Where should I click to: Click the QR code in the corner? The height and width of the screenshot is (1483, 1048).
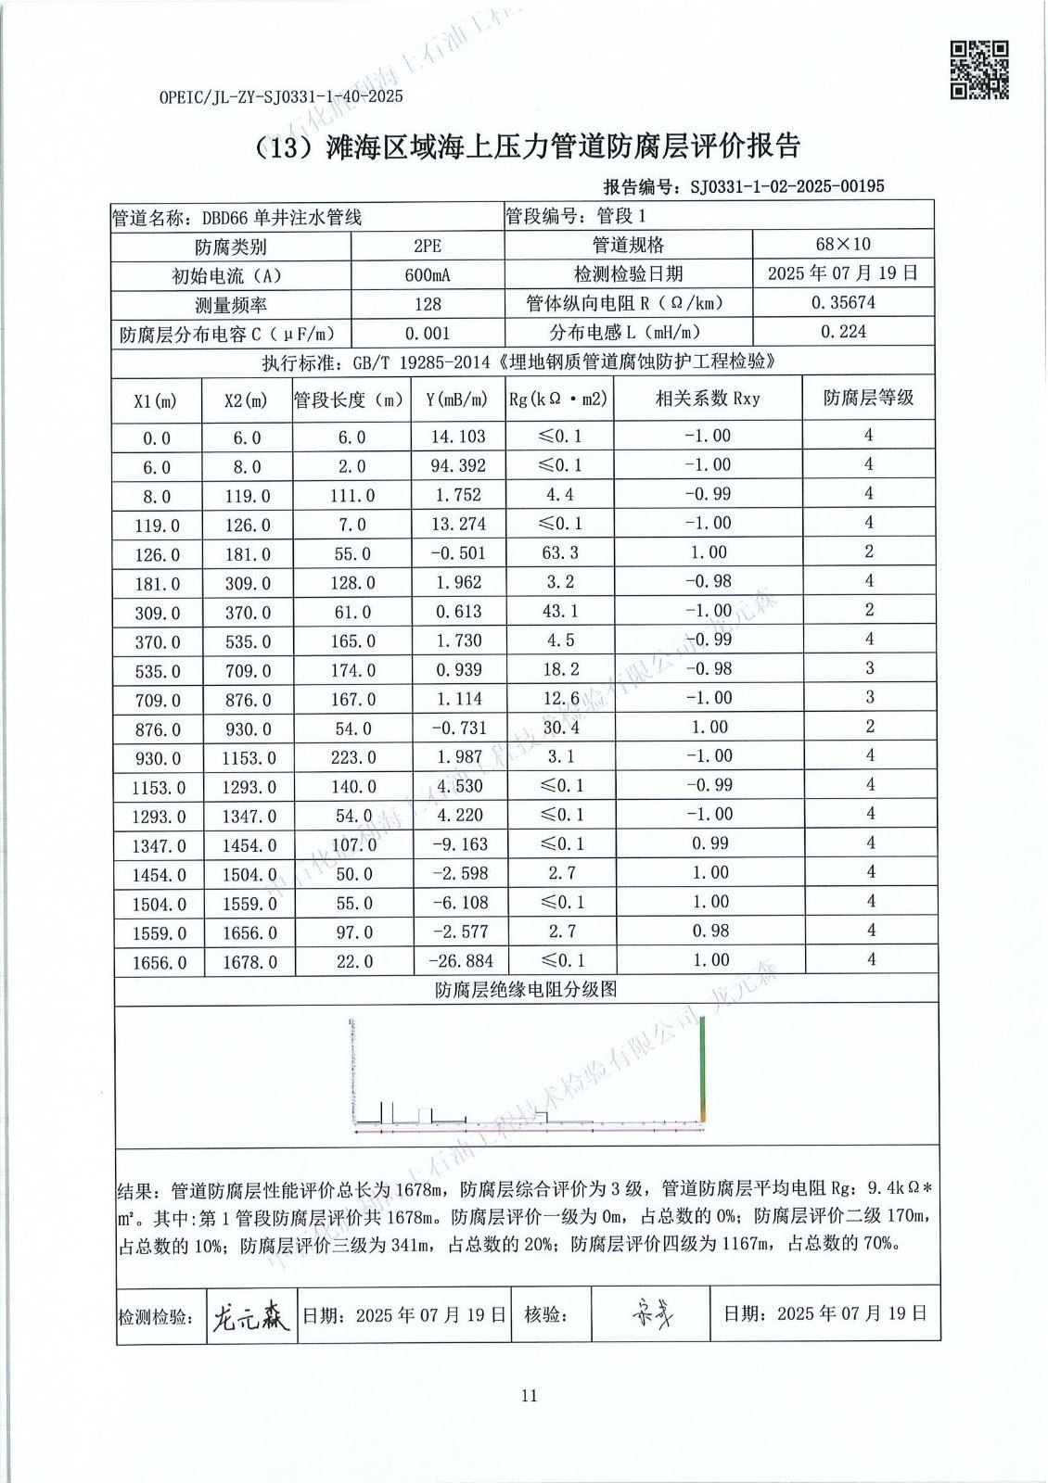pyautogui.click(x=979, y=69)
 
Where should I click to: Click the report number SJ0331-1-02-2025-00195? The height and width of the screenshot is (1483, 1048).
pyautogui.click(x=786, y=186)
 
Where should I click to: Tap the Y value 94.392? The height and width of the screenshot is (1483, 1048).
pyautogui.click(x=458, y=465)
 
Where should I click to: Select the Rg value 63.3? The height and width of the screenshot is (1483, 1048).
pyautogui.click(x=560, y=552)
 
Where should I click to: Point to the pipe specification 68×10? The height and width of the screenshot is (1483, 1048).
pyautogui.click(x=842, y=245)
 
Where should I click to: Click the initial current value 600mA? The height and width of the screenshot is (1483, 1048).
pyautogui.click(x=428, y=275)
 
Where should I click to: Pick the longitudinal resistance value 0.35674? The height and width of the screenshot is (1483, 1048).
pyautogui.click(x=842, y=303)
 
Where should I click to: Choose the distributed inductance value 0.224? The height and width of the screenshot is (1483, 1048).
pyautogui.click(x=842, y=332)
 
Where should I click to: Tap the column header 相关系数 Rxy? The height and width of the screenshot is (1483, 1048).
pyautogui.click(x=707, y=399)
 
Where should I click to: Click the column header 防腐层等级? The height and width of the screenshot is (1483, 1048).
pyautogui.click(x=868, y=398)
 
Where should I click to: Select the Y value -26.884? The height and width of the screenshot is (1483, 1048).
pyautogui.click(x=460, y=961)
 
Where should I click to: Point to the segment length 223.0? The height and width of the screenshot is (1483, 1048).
pyautogui.click(x=353, y=758)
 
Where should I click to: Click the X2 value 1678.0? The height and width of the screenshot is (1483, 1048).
pyautogui.click(x=249, y=963)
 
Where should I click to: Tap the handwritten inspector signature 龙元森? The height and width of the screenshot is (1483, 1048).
pyautogui.click(x=250, y=1314)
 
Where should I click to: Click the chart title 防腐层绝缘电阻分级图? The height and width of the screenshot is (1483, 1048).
pyautogui.click(x=526, y=990)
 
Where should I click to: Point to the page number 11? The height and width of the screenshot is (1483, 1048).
pyautogui.click(x=529, y=1396)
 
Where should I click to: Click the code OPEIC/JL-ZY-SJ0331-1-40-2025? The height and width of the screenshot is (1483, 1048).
pyautogui.click(x=281, y=96)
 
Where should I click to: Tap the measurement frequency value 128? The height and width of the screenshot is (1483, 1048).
pyautogui.click(x=428, y=304)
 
